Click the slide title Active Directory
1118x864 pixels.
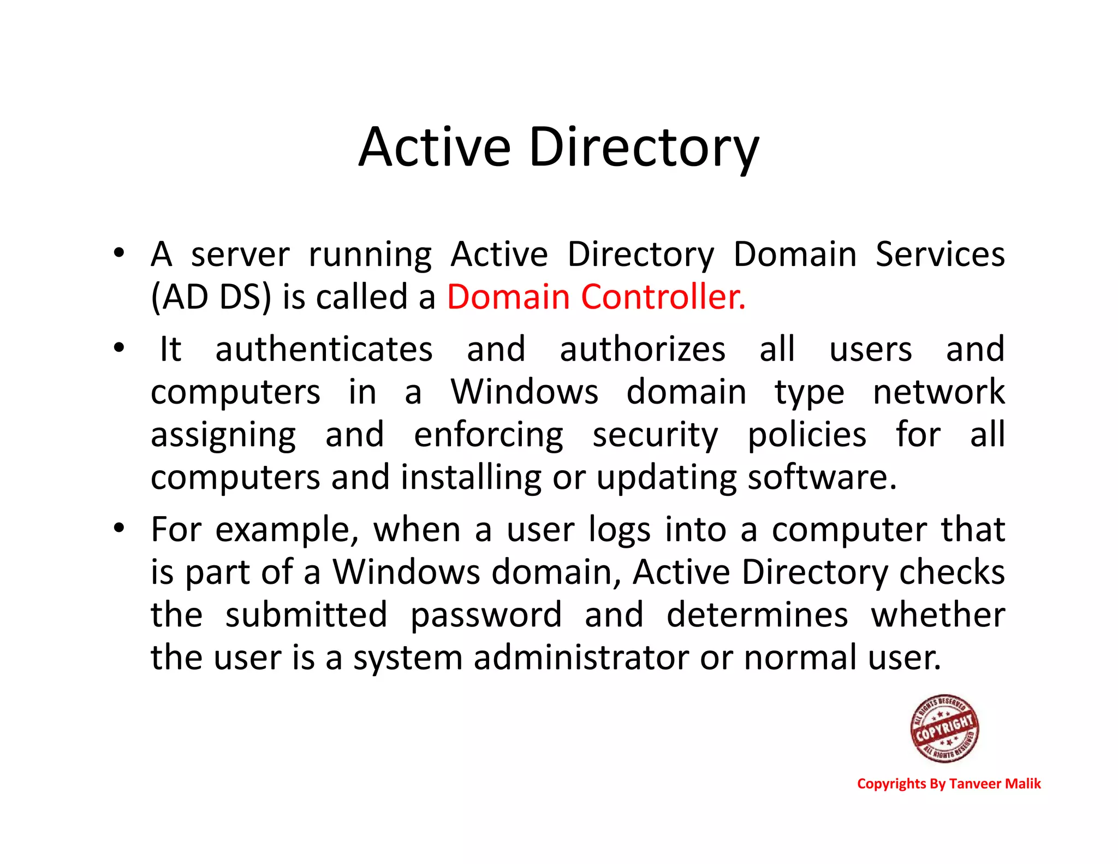tap(558, 147)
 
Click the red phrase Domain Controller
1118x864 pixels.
tap(596, 297)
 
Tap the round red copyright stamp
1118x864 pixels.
tap(944, 728)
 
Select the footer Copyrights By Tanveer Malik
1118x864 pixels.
tap(949, 784)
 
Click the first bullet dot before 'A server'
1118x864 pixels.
tap(118, 253)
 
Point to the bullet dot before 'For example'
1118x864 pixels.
tap(118, 528)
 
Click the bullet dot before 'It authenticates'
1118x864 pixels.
tap(118, 347)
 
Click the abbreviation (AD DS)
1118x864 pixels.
tap(211, 297)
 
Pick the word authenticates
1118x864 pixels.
tap(324, 350)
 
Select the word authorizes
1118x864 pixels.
tap(643, 350)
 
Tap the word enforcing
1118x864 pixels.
tap(489, 435)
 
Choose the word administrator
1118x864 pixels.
tap(581, 658)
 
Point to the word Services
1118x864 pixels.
tap(940, 255)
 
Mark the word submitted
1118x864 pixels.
tap(306, 614)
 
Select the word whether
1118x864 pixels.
tap(938, 614)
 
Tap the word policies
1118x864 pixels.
tap(806, 435)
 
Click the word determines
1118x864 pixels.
tap(757, 614)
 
